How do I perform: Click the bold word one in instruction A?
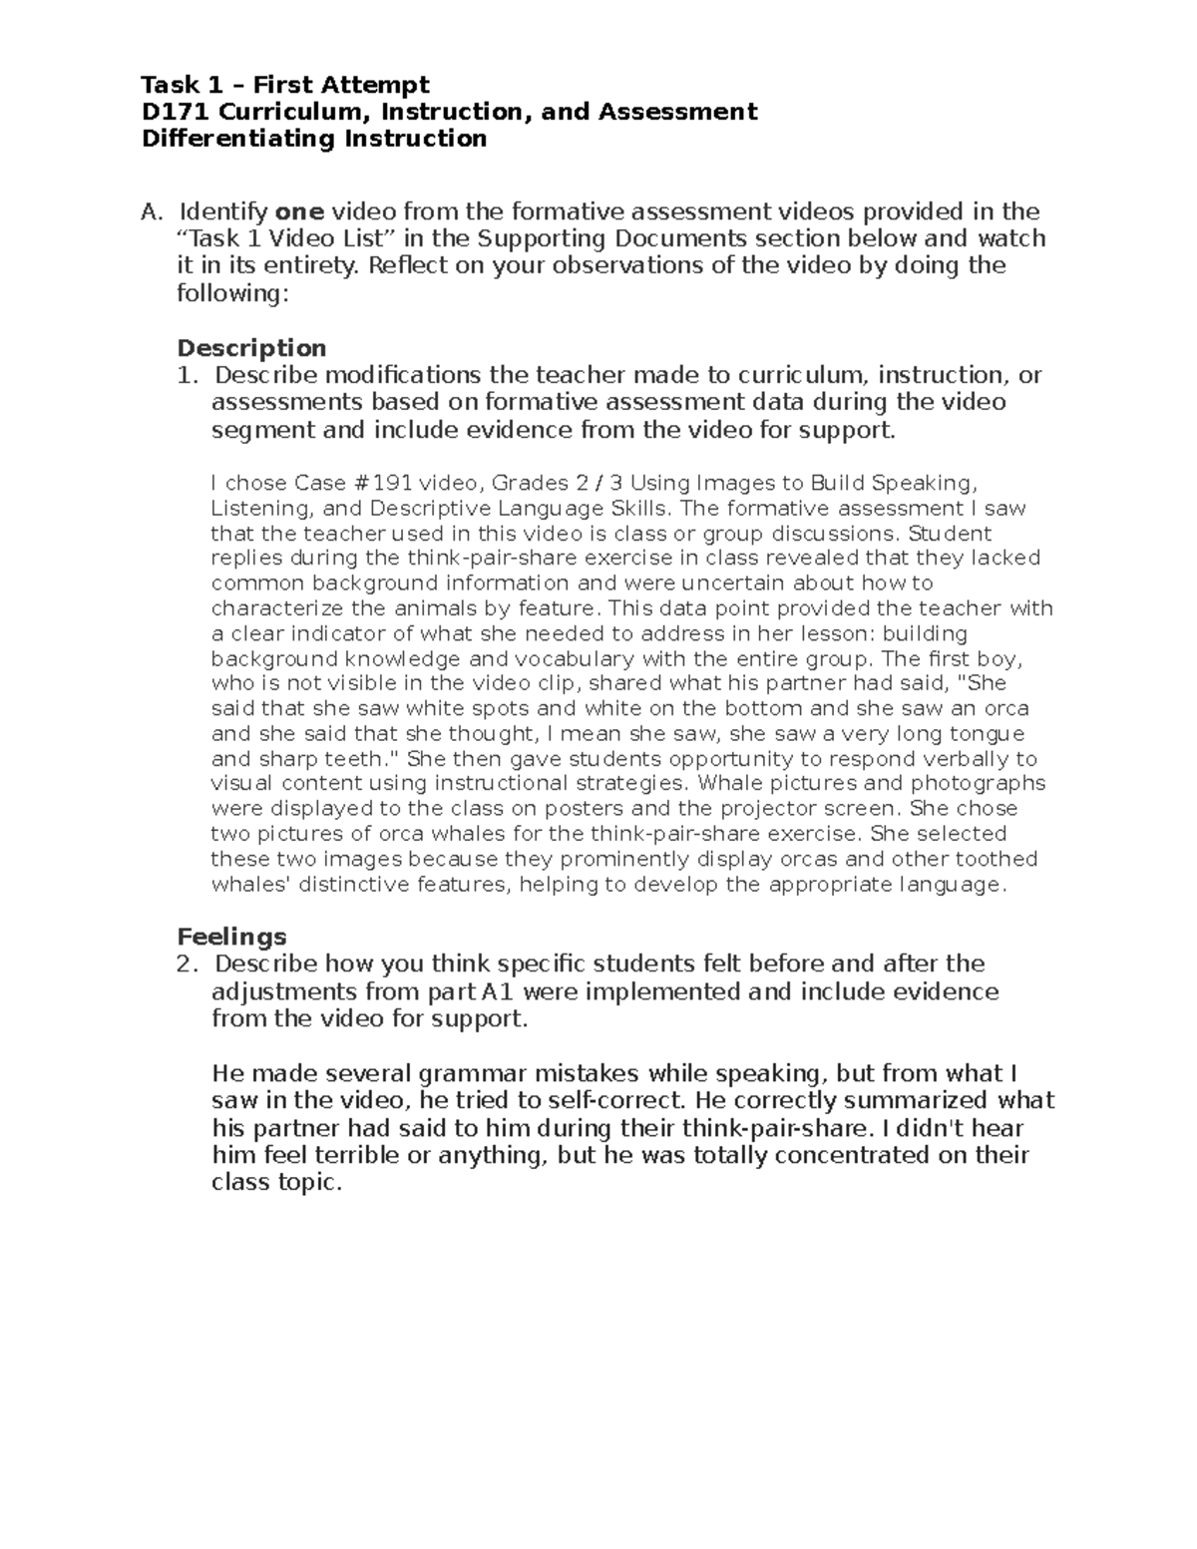(299, 211)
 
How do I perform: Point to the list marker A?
(151, 211)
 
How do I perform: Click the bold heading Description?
(251, 348)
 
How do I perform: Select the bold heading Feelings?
(231, 937)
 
